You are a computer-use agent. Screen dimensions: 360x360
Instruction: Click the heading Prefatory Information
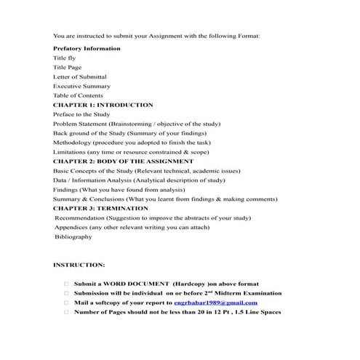87,48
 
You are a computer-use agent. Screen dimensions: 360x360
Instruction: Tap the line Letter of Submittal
80,76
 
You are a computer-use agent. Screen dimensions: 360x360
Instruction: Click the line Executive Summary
81,86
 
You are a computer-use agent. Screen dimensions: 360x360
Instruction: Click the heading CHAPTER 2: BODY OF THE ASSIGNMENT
124,161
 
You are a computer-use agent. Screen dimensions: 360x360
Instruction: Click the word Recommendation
80,217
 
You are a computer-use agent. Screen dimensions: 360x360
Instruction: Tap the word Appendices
72,227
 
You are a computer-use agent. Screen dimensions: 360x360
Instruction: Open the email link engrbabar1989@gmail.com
215,302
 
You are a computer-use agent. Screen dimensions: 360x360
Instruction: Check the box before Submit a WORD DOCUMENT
66,284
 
